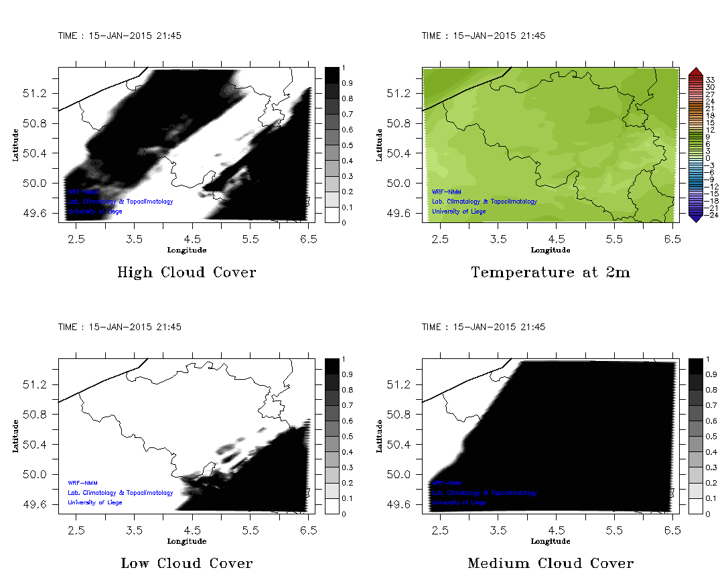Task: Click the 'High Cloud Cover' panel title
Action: pos(186,273)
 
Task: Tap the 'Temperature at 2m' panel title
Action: pos(551,273)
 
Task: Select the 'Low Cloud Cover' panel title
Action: pos(186,563)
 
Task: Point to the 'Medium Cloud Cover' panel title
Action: pos(551,563)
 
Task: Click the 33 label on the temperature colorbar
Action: pos(711,80)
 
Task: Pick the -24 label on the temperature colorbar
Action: pos(711,215)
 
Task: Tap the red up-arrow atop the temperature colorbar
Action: pos(695,71)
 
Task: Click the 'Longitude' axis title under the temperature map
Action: pos(551,250)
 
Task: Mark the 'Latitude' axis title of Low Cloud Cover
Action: pos(15,436)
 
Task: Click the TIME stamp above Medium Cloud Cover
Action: pos(484,327)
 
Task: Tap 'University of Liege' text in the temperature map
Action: pos(459,212)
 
